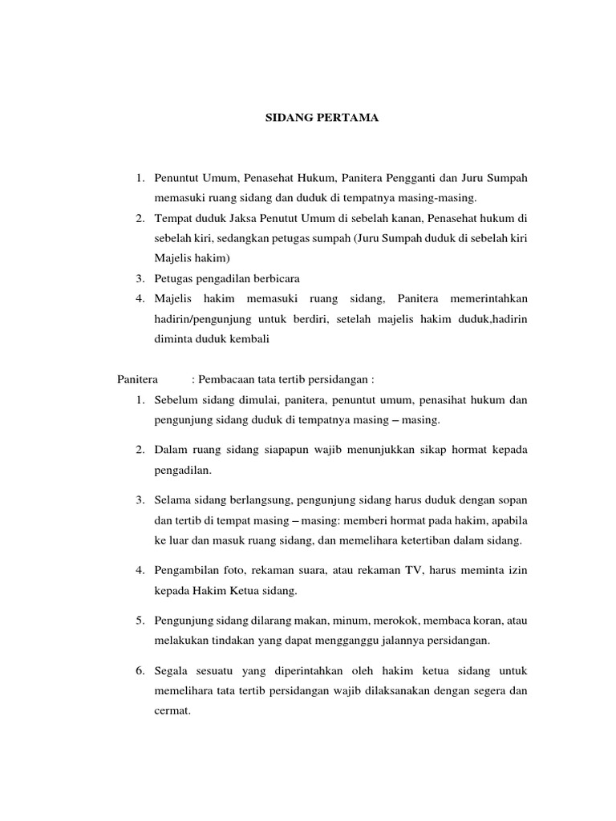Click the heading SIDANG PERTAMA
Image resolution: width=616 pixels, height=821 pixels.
[x=322, y=118]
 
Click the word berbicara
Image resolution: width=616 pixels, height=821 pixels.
[x=275, y=278]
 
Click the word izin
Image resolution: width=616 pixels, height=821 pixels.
[x=517, y=571]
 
